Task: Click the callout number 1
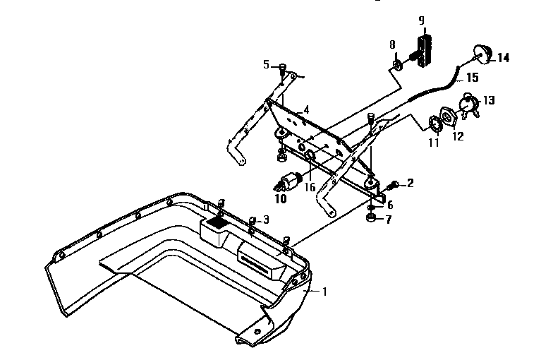(324, 290)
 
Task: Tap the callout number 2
(411, 184)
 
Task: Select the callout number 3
(266, 219)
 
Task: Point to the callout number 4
(306, 111)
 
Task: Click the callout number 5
(266, 65)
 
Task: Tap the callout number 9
(421, 20)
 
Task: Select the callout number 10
(281, 200)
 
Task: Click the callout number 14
(503, 58)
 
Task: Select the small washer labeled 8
(397, 66)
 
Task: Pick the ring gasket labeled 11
(435, 124)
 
